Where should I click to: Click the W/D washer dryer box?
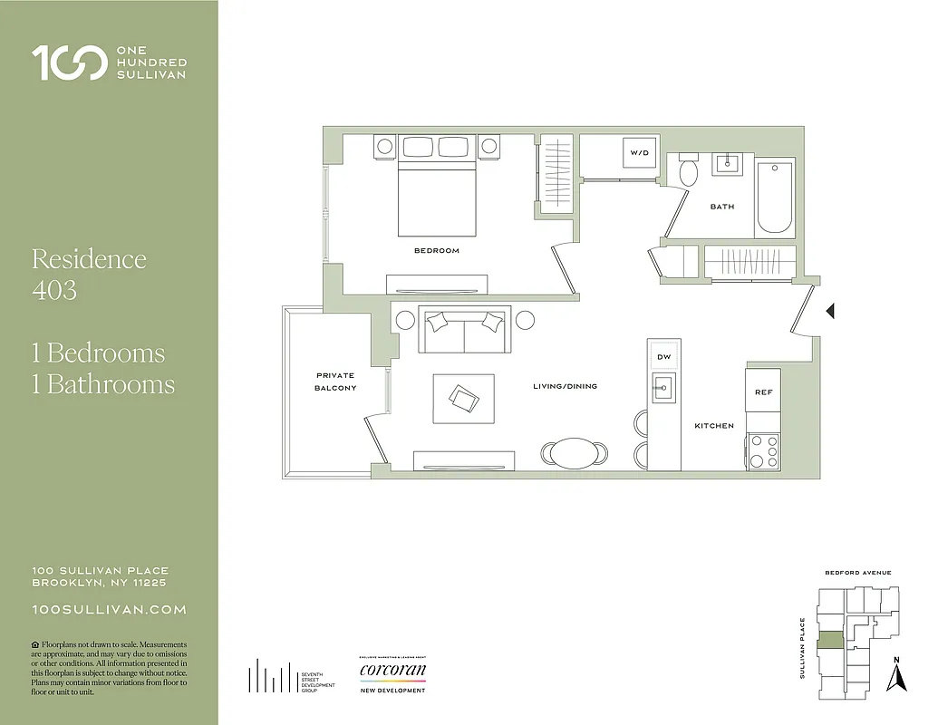point(640,153)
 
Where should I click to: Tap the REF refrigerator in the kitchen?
point(763,391)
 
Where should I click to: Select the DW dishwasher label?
point(663,357)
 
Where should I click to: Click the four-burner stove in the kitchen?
point(763,450)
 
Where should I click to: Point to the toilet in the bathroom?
point(689,170)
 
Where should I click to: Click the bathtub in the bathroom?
point(775,197)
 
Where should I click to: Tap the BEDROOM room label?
point(436,250)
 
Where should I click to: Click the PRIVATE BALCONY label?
point(335,382)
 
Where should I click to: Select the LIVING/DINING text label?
point(565,386)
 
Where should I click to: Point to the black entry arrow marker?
point(829,312)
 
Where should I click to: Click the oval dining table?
point(575,452)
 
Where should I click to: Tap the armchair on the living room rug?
point(466,398)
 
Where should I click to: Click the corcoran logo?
point(392,672)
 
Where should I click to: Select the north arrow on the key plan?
point(896,674)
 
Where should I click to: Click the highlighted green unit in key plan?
point(830,641)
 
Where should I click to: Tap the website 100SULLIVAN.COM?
point(109,610)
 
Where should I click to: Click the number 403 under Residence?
point(53,290)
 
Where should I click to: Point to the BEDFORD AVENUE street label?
point(857,573)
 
